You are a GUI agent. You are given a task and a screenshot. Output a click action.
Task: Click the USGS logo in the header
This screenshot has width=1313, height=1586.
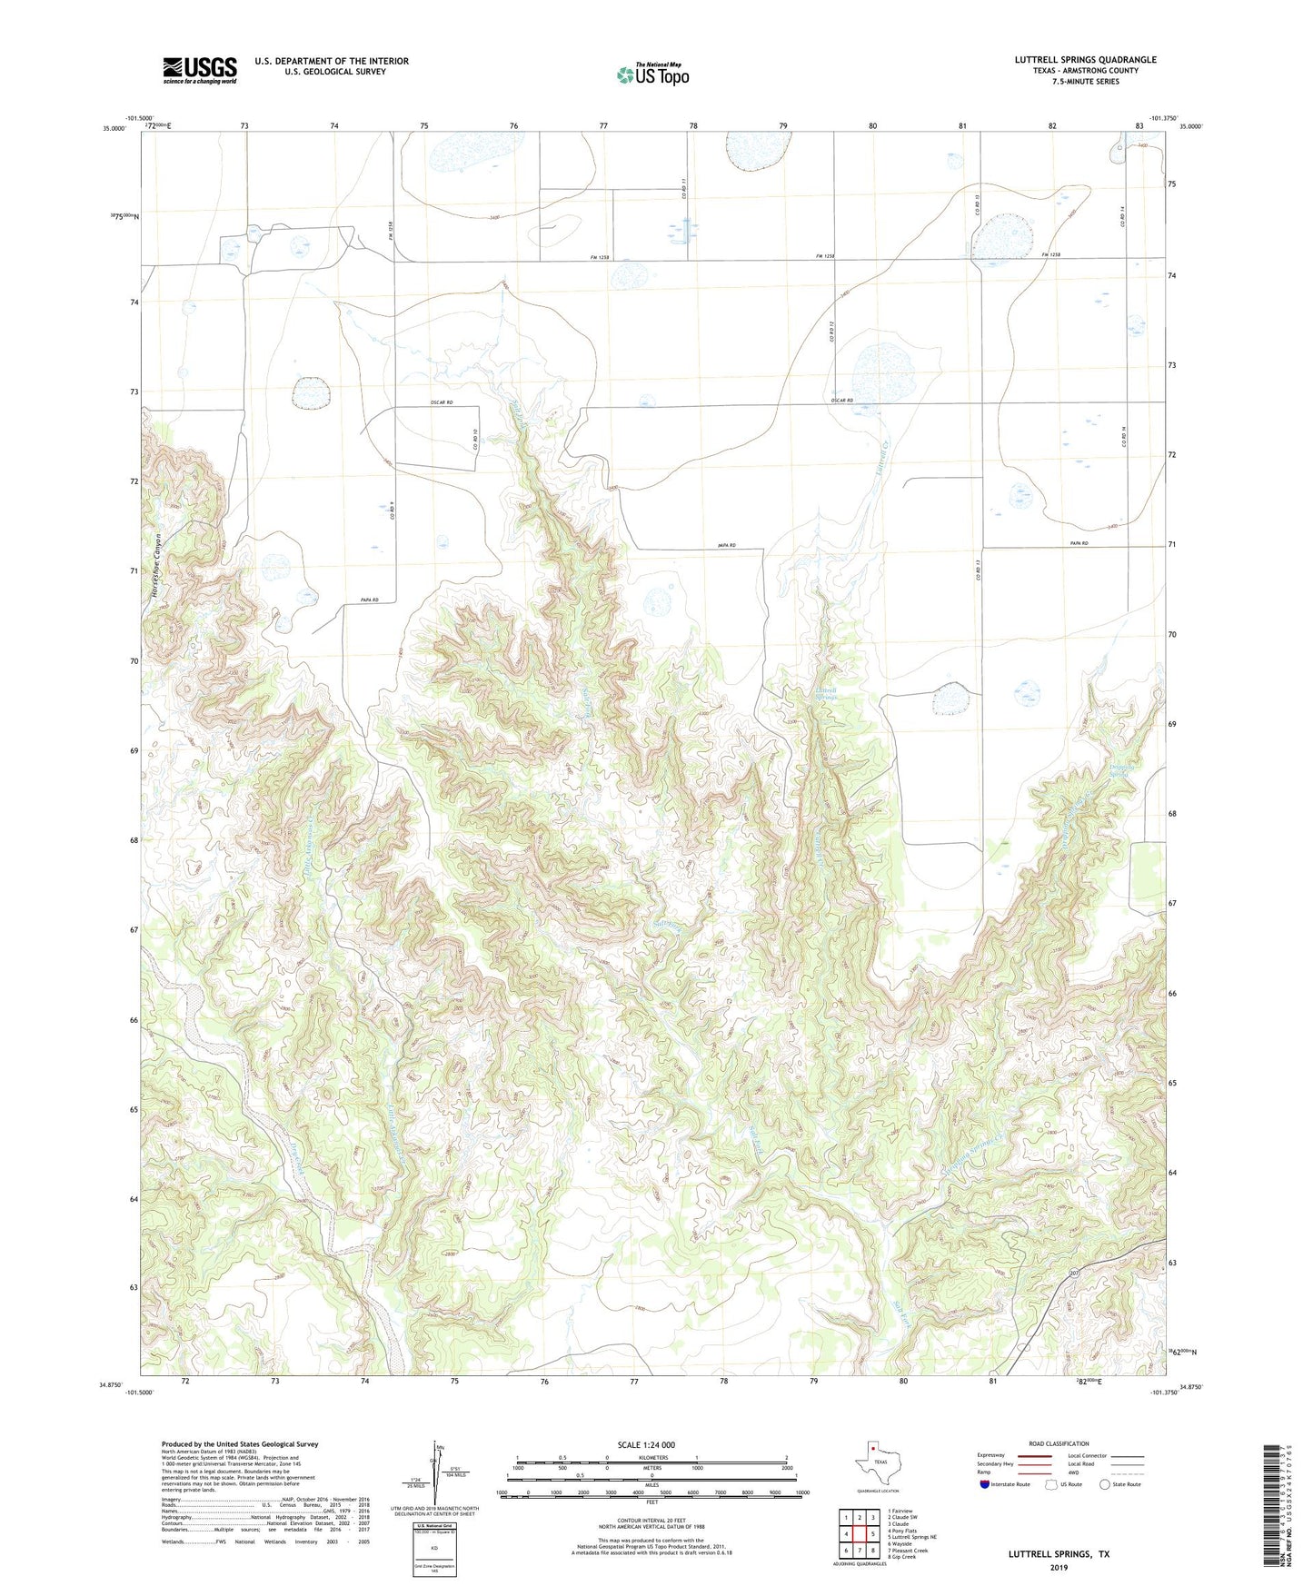[x=200, y=70]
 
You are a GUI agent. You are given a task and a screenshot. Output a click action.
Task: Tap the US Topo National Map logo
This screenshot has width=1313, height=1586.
[x=652, y=74]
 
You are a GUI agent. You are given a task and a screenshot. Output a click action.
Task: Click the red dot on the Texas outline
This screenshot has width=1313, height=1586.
[x=872, y=1449]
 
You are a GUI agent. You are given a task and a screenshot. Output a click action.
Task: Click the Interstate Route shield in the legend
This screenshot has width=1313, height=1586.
[x=987, y=1484]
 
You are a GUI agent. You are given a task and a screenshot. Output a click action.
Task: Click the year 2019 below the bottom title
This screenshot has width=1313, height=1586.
[x=1058, y=1567]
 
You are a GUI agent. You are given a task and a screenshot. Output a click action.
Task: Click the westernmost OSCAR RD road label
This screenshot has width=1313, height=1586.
[x=441, y=402]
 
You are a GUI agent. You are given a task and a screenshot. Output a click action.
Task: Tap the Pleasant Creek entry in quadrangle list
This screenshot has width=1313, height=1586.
[x=910, y=1557]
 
